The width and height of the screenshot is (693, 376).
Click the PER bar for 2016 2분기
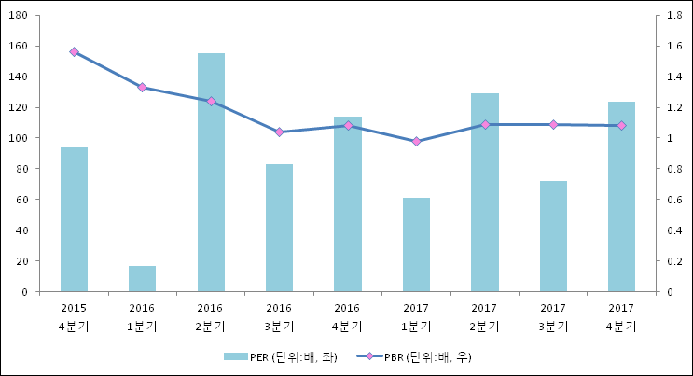click(x=211, y=173)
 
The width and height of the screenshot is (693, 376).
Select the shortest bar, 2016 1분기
click(x=142, y=279)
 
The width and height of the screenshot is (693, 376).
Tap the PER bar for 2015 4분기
click(x=74, y=219)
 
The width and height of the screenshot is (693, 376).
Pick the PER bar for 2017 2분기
click(x=484, y=192)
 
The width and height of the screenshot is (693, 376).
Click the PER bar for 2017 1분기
click(x=416, y=244)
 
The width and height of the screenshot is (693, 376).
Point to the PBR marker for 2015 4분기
click(x=74, y=52)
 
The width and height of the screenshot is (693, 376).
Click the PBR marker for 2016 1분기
click(x=142, y=87)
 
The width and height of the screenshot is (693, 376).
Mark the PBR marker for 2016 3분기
click(x=279, y=132)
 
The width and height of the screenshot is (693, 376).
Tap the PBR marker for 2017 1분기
click(x=416, y=142)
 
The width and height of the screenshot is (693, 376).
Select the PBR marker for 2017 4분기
click(x=621, y=125)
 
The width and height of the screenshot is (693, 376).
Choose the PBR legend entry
click(x=416, y=356)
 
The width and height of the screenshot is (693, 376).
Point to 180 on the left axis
click(x=20, y=16)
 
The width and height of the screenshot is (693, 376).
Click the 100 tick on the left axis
click(x=20, y=138)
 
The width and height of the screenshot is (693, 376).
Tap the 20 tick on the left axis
click(x=22, y=261)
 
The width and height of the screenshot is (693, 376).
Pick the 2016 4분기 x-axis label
click(x=347, y=316)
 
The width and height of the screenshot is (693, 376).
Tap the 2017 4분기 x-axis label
click(x=621, y=316)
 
